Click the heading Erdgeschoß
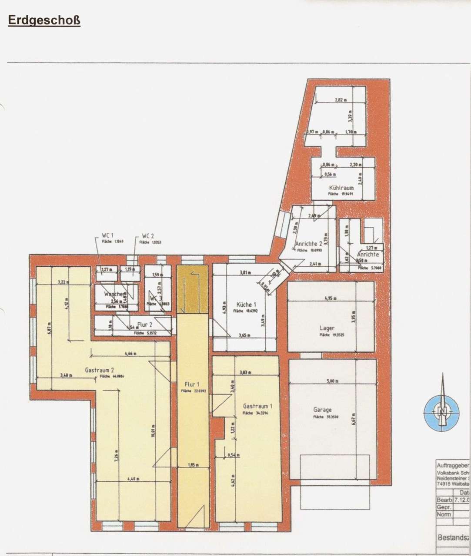(x=44, y=21)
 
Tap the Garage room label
(x=322, y=410)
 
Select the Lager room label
(x=327, y=328)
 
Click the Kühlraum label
(x=341, y=188)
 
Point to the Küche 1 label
(x=246, y=304)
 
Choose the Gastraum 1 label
(x=258, y=406)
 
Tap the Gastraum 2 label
(x=100, y=370)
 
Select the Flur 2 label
(x=144, y=324)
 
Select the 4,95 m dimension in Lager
(x=331, y=298)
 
